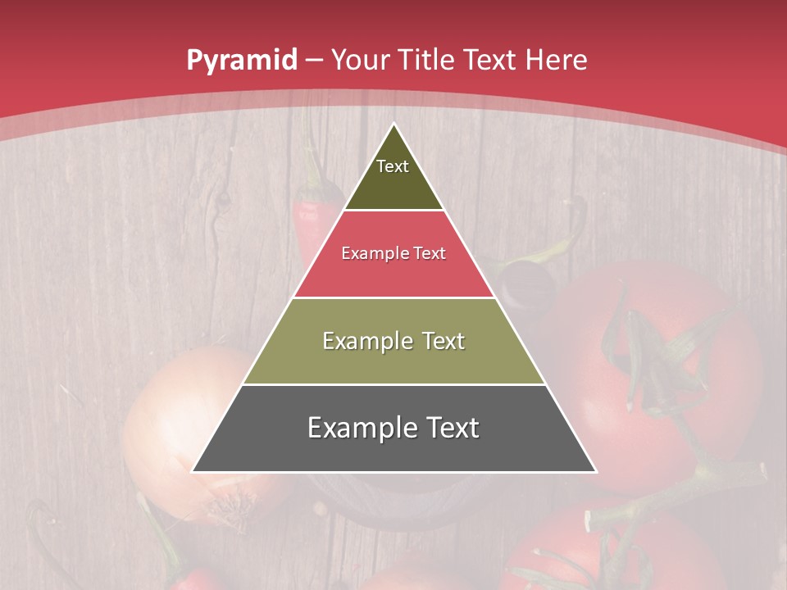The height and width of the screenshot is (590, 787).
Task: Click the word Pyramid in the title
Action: [242, 61]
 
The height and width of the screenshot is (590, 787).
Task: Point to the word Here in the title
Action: [556, 60]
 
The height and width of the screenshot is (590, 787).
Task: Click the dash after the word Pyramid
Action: [314, 61]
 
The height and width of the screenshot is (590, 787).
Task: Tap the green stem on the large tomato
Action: [656, 352]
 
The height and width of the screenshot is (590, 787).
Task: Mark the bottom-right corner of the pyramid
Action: [596, 472]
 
